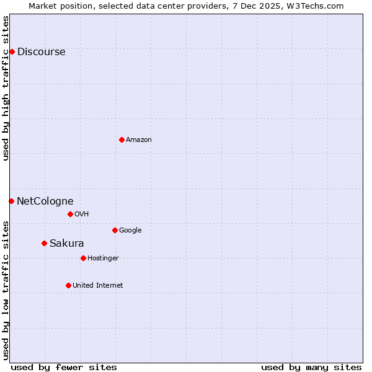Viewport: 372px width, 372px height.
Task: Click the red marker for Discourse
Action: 12,51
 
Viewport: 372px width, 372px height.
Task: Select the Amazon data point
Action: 122,139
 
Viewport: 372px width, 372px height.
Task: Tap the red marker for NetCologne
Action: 11,201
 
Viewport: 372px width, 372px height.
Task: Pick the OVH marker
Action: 70,214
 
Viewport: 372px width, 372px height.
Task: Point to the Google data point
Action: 115,230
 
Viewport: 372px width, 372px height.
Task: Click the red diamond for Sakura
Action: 44,243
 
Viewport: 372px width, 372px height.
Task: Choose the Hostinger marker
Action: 83,258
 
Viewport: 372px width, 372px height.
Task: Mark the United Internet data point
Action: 68,285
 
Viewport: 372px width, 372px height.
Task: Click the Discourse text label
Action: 41,52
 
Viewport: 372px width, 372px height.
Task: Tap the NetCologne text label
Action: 45,201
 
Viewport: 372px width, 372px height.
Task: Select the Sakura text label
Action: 66,244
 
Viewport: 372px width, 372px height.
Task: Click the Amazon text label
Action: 139,140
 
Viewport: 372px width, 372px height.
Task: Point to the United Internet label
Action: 97,286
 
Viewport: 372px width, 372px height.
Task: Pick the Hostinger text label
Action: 103,259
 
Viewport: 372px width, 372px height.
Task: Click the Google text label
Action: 130,231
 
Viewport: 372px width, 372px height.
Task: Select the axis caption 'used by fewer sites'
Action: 64,367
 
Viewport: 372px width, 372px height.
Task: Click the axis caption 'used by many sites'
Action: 311,367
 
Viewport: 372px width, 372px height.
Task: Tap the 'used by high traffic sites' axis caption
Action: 6,88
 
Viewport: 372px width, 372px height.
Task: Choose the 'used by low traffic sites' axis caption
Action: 6,290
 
